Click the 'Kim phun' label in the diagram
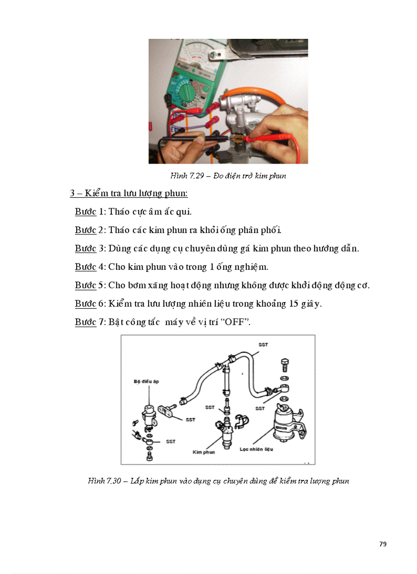tap(203, 452)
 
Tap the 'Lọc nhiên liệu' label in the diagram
tap(257, 449)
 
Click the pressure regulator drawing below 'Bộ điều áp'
tap(150, 414)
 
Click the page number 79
tap(383, 544)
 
